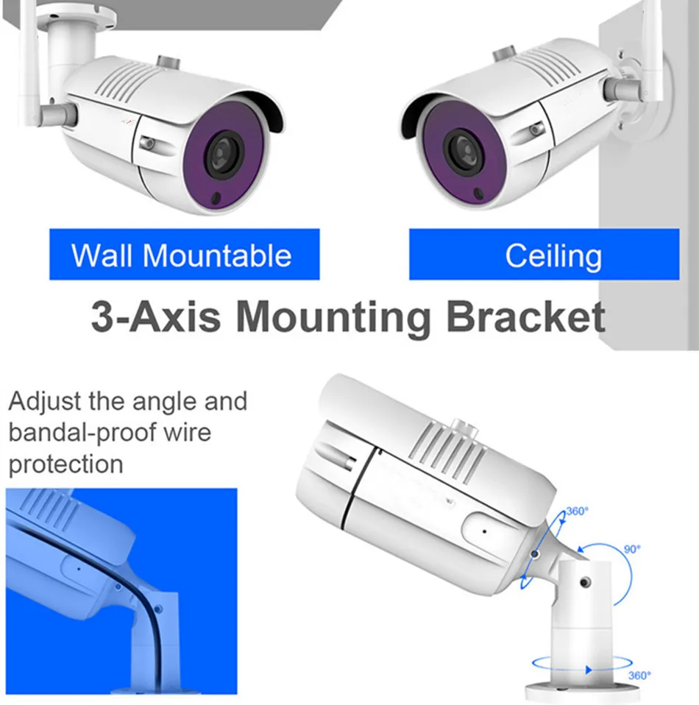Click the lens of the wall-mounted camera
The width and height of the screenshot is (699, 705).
[x=224, y=155]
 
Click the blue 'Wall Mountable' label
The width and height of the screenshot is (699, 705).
[x=184, y=255]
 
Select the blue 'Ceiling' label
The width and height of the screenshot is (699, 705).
[x=544, y=255]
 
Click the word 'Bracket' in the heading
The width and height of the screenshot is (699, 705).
[x=525, y=316]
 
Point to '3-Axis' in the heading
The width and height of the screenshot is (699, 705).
[x=155, y=316]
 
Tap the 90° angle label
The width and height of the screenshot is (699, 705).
[x=632, y=550]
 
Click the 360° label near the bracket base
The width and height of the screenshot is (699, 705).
[x=639, y=676]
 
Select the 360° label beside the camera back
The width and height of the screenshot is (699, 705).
[x=577, y=511]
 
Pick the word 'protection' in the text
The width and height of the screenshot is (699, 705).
[x=65, y=465]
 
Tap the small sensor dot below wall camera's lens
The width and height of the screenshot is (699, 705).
[x=216, y=198]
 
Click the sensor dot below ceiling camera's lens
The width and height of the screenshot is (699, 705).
[x=479, y=194]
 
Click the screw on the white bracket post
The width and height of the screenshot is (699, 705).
[x=585, y=582]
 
